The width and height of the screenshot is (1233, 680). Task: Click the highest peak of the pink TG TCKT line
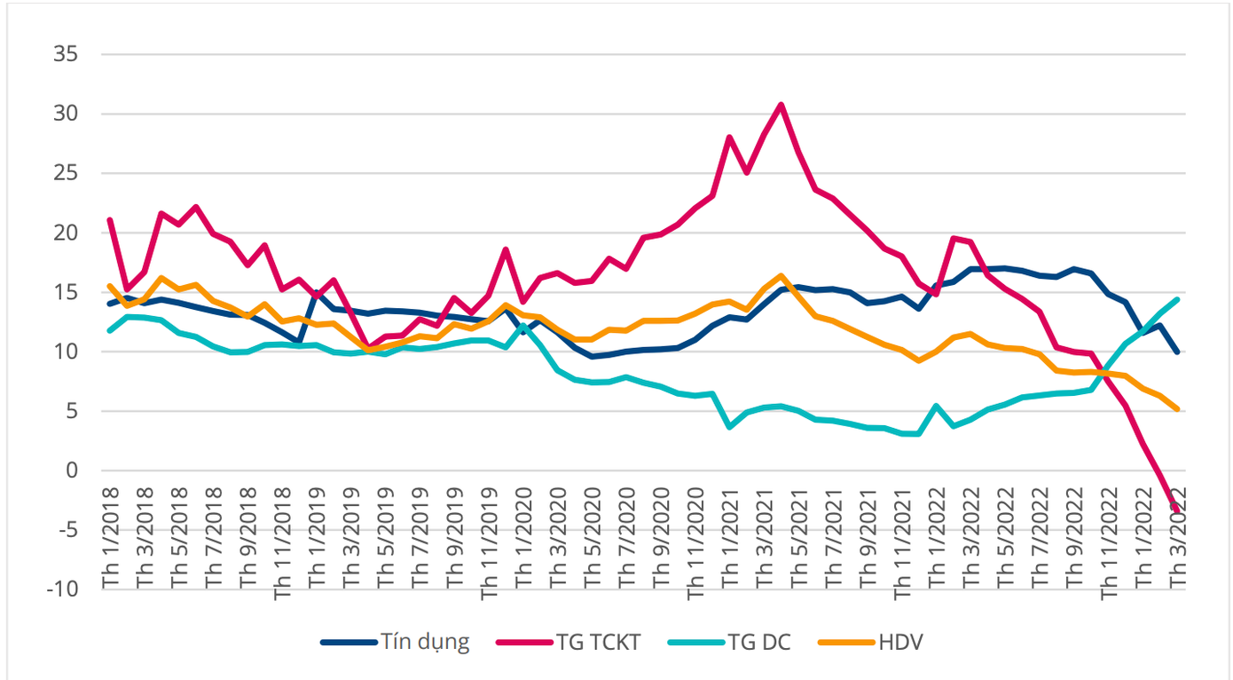[781, 105]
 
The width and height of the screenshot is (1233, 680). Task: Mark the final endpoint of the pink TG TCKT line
[1177, 511]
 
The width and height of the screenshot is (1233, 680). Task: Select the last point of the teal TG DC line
[1177, 299]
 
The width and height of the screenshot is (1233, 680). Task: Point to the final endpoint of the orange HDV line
[1177, 408]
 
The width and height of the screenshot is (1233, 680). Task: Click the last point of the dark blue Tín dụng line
[1177, 352]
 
